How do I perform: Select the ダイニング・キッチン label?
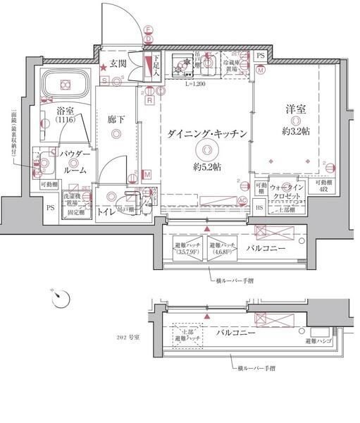pos(208,134)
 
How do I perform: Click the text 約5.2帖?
pos(208,167)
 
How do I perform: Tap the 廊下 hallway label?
pos(117,120)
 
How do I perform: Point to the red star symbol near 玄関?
pos(104,66)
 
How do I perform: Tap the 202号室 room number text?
pos(130,336)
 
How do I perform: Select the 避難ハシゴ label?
pos(318,341)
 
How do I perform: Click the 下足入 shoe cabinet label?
pos(156,65)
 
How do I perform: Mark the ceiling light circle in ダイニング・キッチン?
pos(207,149)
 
